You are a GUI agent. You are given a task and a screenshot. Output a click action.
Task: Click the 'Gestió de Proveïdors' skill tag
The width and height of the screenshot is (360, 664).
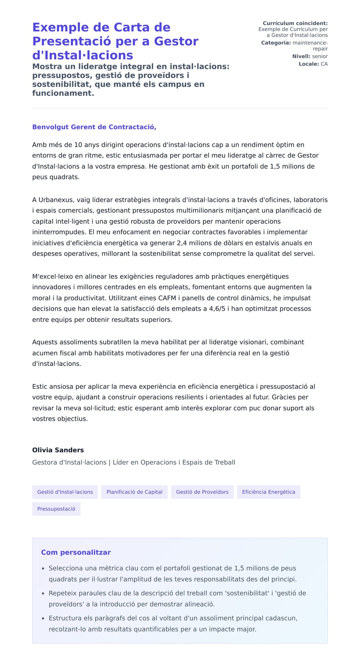tap(202, 492)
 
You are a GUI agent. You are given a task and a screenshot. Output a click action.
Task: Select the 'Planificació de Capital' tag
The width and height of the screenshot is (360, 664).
tap(134, 492)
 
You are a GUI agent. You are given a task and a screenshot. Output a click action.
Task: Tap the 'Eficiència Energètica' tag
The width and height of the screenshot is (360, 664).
tap(268, 492)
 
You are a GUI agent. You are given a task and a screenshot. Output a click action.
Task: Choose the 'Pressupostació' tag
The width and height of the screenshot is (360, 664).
tap(56, 509)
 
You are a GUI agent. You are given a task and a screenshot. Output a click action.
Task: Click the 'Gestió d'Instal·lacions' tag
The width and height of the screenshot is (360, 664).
tap(65, 492)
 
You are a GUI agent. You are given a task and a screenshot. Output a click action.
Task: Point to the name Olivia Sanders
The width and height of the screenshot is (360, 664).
tap(58, 450)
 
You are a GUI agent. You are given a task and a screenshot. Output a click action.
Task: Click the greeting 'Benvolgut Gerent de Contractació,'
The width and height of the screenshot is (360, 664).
tap(94, 127)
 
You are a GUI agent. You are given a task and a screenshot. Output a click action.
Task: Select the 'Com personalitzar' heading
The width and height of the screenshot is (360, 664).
tap(76, 552)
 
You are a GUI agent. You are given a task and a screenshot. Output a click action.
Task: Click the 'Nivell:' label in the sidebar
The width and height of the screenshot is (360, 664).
tap(301, 56)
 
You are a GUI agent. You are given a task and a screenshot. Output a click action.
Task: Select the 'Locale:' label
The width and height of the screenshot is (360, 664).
tap(309, 64)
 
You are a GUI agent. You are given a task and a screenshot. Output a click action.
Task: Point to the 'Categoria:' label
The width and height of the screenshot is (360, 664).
tap(276, 43)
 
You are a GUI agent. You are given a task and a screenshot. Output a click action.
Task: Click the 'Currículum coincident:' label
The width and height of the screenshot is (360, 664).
tap(295, 23)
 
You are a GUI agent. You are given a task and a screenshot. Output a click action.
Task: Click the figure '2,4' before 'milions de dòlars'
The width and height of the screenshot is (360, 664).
tap(182, 243)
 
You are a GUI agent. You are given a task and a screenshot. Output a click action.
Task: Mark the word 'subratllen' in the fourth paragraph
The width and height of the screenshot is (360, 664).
tap(116, 342)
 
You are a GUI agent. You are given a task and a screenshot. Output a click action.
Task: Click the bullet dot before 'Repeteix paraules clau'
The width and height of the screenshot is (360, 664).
tap(43, 594)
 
